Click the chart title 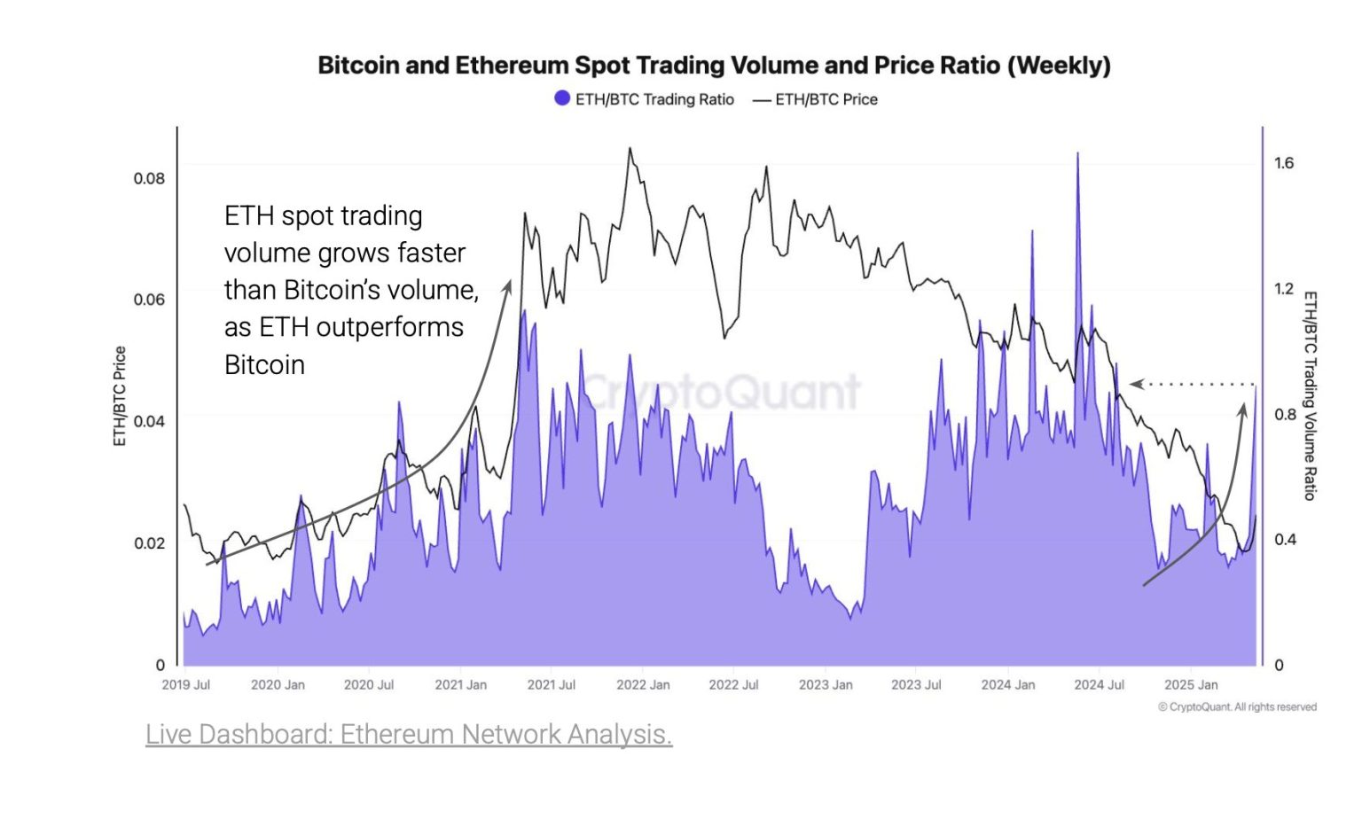click(714, 66)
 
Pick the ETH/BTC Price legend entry click(815, 99)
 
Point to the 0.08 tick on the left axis click(149, 178)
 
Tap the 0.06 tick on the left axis click(149, 300)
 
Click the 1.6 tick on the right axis click(1284, 163)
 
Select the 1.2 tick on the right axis click(1284, 289)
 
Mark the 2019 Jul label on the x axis click(186, 685)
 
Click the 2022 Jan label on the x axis click(643, 685)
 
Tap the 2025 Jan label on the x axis click(1190, 685)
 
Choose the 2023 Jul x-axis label click(916, 685)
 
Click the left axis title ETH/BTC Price click(120, 396)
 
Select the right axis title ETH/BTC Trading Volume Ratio click(1310, 396)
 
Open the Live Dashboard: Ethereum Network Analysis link click(409, 735)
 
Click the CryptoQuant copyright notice click(1237, 707)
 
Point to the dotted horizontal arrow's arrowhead click(1136, 384)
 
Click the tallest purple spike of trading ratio click(1077, 155)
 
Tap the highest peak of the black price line click(630, 149)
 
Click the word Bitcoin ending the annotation click(264, 365)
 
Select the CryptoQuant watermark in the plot click(720, 392)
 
